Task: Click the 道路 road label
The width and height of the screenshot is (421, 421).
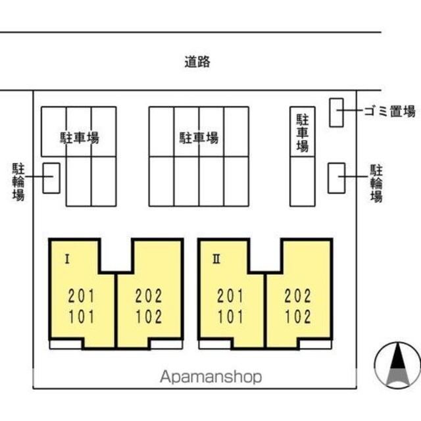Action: [x=197, y=61]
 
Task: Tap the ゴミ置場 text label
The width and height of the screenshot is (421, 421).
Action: [x=389, y=111]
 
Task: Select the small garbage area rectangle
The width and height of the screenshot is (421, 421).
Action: [x=336, y=112]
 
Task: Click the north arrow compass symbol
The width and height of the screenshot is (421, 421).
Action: [x=397, y=365]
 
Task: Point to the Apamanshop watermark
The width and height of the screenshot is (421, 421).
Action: [x=210, y=377]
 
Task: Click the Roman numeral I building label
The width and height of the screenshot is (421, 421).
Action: [x=67, y=259]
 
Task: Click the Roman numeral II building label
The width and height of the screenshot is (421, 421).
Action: [x=216, y=259]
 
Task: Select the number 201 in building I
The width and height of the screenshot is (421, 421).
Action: [x=82, y=296]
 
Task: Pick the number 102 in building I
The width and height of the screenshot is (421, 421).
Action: [x=149, y=316]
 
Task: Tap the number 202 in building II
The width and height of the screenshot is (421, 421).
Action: [x=298, y=296]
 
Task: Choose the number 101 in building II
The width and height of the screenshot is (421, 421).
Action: [x=230, y=316]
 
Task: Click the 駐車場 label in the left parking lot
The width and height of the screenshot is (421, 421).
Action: [x=80, y=137]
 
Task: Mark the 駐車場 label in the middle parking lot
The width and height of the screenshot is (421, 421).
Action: [x=199, y=137]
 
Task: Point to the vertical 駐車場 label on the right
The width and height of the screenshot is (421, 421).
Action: [x=303, y=133]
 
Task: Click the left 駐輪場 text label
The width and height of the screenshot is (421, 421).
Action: [x=18, y=182]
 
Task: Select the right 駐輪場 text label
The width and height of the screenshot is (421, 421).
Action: [x=376, y=183]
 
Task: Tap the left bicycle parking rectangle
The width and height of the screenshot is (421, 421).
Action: [x=51, y=178]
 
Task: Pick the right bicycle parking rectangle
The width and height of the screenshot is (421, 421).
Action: [x=336, y=178]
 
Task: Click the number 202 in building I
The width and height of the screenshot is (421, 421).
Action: [x=149, y=296]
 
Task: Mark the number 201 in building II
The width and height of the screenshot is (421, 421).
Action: [x=230, y=296]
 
